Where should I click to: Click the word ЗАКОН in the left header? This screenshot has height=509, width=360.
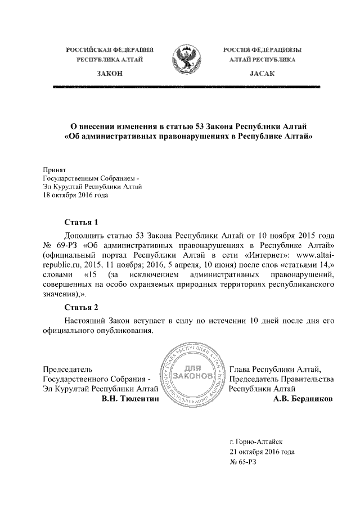coord(110,74)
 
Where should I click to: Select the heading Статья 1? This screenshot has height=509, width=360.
coord(82,222)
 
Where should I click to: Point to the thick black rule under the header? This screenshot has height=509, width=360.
coord(186,87)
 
